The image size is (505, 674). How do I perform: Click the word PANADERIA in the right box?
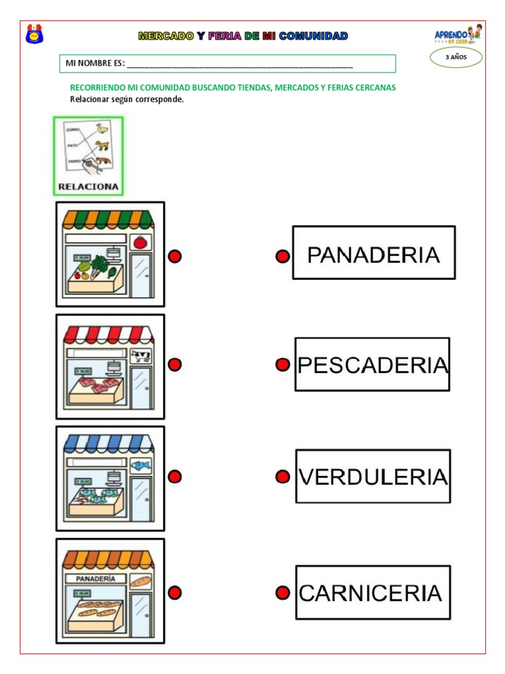[x=373, y=255]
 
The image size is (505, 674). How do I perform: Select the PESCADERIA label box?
[x=372, y=365]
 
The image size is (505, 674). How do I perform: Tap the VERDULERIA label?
[x=373, y=477]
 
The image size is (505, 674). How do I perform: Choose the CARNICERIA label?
[x=372, y=593]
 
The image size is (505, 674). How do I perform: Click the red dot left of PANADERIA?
[x=282, y=257]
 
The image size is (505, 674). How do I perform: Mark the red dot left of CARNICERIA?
[x=282, y=593]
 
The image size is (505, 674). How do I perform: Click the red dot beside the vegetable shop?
[x=174, y=257]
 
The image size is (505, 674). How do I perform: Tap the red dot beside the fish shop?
[x=174, y=477]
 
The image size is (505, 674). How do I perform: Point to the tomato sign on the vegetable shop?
[x=140, y=242]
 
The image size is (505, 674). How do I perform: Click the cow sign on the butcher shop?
[x=140, y=356]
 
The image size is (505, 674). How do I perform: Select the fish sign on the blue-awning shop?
[x=140, y=466]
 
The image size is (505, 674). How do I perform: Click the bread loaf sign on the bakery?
[x=140, y=582]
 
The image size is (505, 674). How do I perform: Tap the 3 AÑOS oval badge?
[x=456, y=58]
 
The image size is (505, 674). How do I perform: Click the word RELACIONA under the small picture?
[x=89, y=186]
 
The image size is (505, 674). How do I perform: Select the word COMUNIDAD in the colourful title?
[x=313, y=36]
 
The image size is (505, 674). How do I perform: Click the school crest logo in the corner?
[x=34, y=34]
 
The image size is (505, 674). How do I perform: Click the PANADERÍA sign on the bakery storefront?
[x=96, y=579]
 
